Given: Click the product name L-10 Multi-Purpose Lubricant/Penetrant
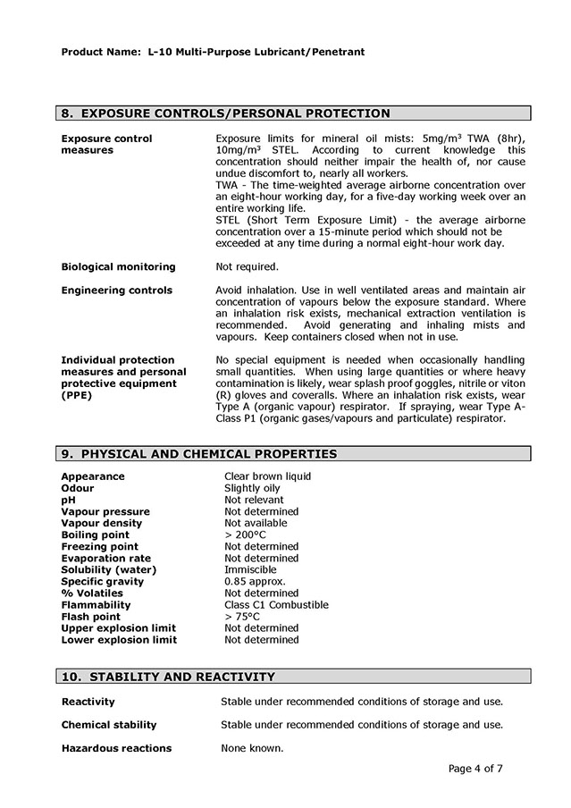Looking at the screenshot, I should (x=251, y=52).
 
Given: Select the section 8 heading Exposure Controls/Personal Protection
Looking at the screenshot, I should (x=225, y=114).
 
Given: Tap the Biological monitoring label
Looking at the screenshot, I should (x=118, y=266).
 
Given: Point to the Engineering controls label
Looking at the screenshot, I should (x=116, y=290).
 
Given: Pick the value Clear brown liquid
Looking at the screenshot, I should (x=267, y=476).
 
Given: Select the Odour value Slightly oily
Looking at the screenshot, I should (x=252, y=488).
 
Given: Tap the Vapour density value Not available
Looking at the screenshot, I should (x=256, y=523).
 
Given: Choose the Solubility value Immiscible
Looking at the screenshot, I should (x=250, y=569).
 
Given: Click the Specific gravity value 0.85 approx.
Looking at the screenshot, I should (x=255, y=581).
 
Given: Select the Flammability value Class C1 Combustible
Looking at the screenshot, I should (x=276, y=604).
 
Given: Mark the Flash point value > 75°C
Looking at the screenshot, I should (x=242, y=616).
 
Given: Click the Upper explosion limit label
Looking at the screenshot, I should (x=119, y=627).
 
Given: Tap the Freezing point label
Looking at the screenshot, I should (x=99, y=546).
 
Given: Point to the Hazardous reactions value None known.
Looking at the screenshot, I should (x=252, y=748).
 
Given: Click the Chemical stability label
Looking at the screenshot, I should (x=108, y=725).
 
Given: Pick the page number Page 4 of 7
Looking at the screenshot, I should (x=475, y=768).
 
